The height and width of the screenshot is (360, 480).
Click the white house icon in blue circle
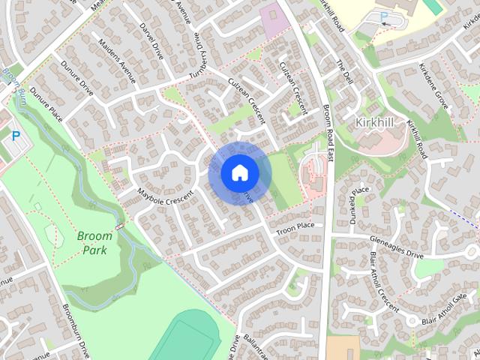239,173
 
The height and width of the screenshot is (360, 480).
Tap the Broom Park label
94,242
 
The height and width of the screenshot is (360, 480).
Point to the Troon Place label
295,226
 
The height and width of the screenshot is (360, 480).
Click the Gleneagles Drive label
396,247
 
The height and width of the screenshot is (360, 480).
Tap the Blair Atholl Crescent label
383,281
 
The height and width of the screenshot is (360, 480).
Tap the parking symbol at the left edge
15,137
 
